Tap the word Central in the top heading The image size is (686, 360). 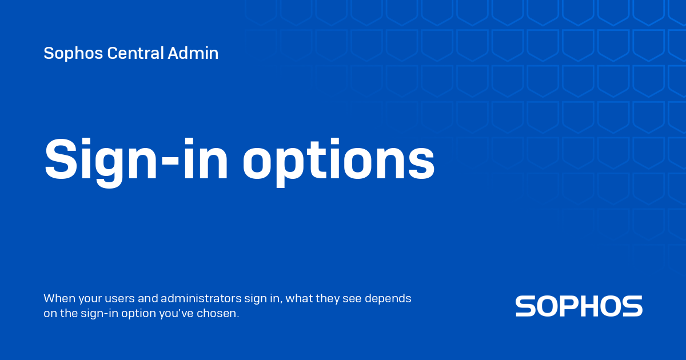click(135, 54)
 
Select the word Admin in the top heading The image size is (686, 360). click(193, 54)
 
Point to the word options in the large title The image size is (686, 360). click(338, 161)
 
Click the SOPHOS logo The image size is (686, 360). click(579, 306)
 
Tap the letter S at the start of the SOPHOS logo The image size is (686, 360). click(525, 306)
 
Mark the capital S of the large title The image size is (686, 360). click(61, 159)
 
